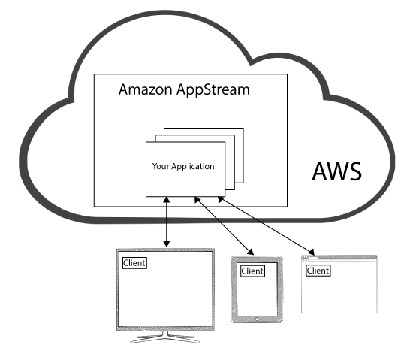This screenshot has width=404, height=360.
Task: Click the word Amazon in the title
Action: pyautogui.click(x=146, y=89)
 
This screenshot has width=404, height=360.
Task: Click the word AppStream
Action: pyautogui.click(x=213, y=90)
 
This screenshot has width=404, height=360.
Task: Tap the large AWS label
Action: pyautogui.click(x=336, y=171)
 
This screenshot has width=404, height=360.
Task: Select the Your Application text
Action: pyautogui.click(x=183, y=167)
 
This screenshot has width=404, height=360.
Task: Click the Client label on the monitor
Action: pyautogui.click(x=134, y=263)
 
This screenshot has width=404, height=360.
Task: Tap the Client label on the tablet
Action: pyautogui.click(x=252, y=271)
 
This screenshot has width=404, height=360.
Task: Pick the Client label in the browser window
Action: pyautogui.click(x=318, y=271)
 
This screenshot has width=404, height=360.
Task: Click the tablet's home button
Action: pyautogui.click(x=257, y=319)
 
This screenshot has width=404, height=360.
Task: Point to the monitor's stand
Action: pyautogui.click(x=165, y=337)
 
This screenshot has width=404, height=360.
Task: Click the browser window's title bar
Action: pyautogui.click(x=339, y=257)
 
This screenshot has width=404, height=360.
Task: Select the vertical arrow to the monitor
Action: pyautogui.click(x=167, y=222)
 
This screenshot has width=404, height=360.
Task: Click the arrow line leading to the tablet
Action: pyautogui.click(x=225, y=226)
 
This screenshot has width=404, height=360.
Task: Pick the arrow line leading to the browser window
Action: pyautogui.click(x=266, y=225)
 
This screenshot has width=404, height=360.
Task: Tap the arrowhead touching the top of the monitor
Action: pyautogui.click(x=167, y=244)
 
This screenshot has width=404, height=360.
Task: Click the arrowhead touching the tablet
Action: pyautogui.click(x=251, y=252)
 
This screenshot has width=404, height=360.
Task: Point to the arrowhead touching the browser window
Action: pyautogui.click(x=311, y=252)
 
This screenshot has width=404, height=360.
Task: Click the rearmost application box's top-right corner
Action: pyautogui.click(x=243, y=128)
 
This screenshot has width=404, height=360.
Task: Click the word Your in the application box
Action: pyautogui.click(x=161, y=166)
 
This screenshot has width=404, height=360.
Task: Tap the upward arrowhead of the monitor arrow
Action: pyautogui.click(x=167, y=200)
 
